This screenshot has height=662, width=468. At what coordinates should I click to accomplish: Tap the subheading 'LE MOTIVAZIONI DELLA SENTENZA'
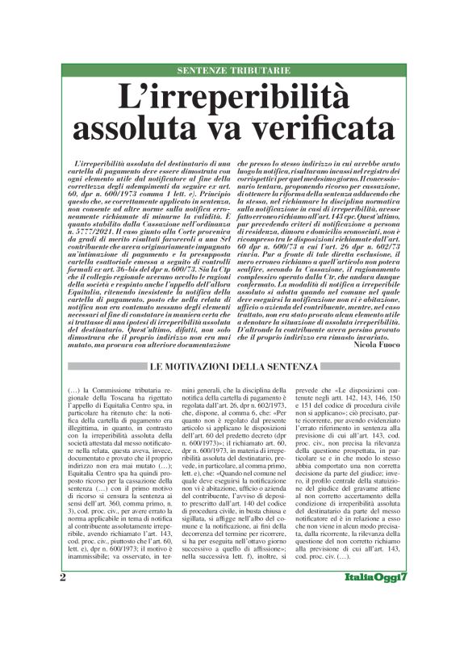coord(233,368)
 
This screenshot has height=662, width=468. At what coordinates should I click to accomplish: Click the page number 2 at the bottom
coord(63,623)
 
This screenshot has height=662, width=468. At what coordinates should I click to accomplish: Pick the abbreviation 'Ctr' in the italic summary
coord(337,283)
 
